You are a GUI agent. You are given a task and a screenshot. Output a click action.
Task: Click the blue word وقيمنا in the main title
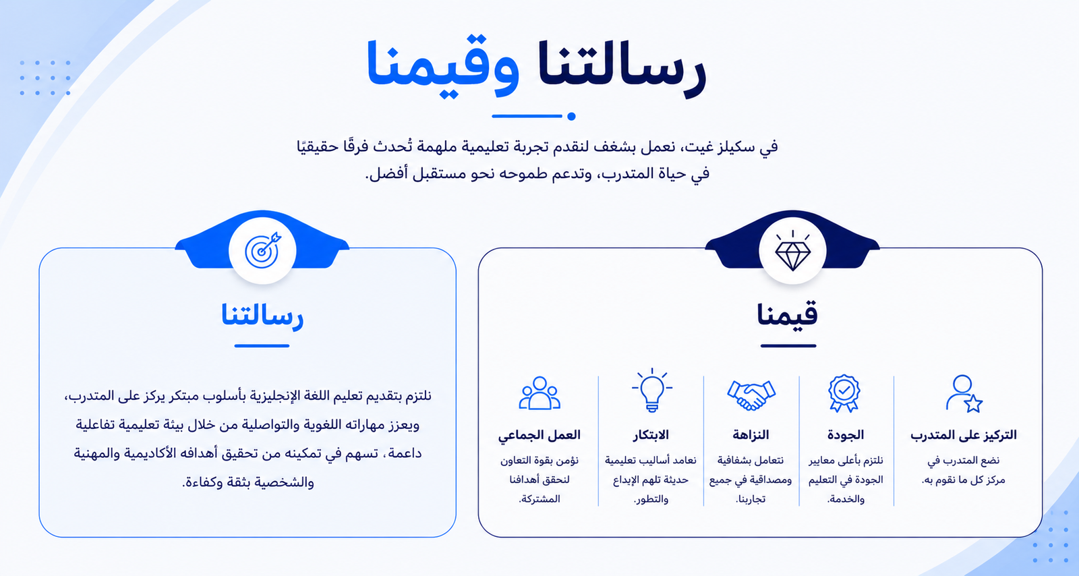point(443,67)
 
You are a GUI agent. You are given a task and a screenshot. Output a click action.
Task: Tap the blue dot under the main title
point(571,116)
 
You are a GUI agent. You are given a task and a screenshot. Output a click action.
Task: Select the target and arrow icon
point(262,250)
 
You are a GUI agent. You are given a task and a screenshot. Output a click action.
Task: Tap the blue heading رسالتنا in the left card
point(262,316)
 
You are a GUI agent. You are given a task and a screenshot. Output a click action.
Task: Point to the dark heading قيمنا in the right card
point(787,315)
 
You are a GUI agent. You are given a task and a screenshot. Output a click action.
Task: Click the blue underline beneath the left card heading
point(262,346)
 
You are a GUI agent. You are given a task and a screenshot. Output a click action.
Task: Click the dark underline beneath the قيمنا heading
point(788,346)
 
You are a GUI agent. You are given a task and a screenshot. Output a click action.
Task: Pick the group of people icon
point(539,393)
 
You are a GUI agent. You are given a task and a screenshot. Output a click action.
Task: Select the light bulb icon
point(651,390)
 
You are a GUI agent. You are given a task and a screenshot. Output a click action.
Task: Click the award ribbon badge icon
point(844,393)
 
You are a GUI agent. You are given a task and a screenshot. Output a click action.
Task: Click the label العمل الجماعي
point(539,435)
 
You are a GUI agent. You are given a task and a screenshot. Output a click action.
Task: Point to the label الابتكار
point(651,435)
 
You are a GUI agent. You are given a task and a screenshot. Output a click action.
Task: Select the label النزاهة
point(751,435)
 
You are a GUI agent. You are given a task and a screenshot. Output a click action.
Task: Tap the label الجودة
point(846,435)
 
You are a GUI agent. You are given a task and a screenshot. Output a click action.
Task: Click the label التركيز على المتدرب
point(964,435)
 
